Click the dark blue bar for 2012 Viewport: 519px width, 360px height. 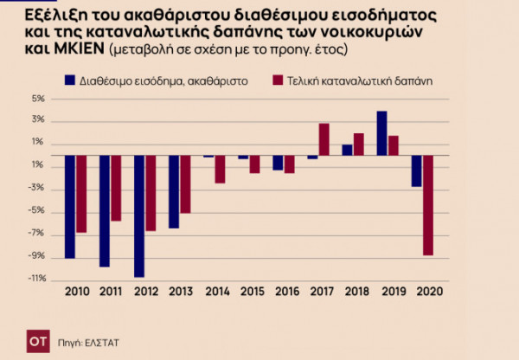coord(139,216)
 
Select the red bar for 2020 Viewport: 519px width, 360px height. coord(427,205)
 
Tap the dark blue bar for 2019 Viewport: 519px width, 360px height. coord(381,133)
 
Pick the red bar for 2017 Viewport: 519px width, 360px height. coord(324,139)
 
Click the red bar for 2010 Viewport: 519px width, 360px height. coord(81,194)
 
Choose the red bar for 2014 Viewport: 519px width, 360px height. coord(220,170)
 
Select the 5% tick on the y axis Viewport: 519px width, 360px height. coord(38,99)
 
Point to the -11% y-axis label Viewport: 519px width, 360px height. coord(35,279)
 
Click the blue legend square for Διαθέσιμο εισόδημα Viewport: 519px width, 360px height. coord(70,80)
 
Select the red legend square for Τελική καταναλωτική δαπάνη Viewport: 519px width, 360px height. coord(278,80)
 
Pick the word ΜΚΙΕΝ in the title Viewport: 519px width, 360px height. coord(57,50)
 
